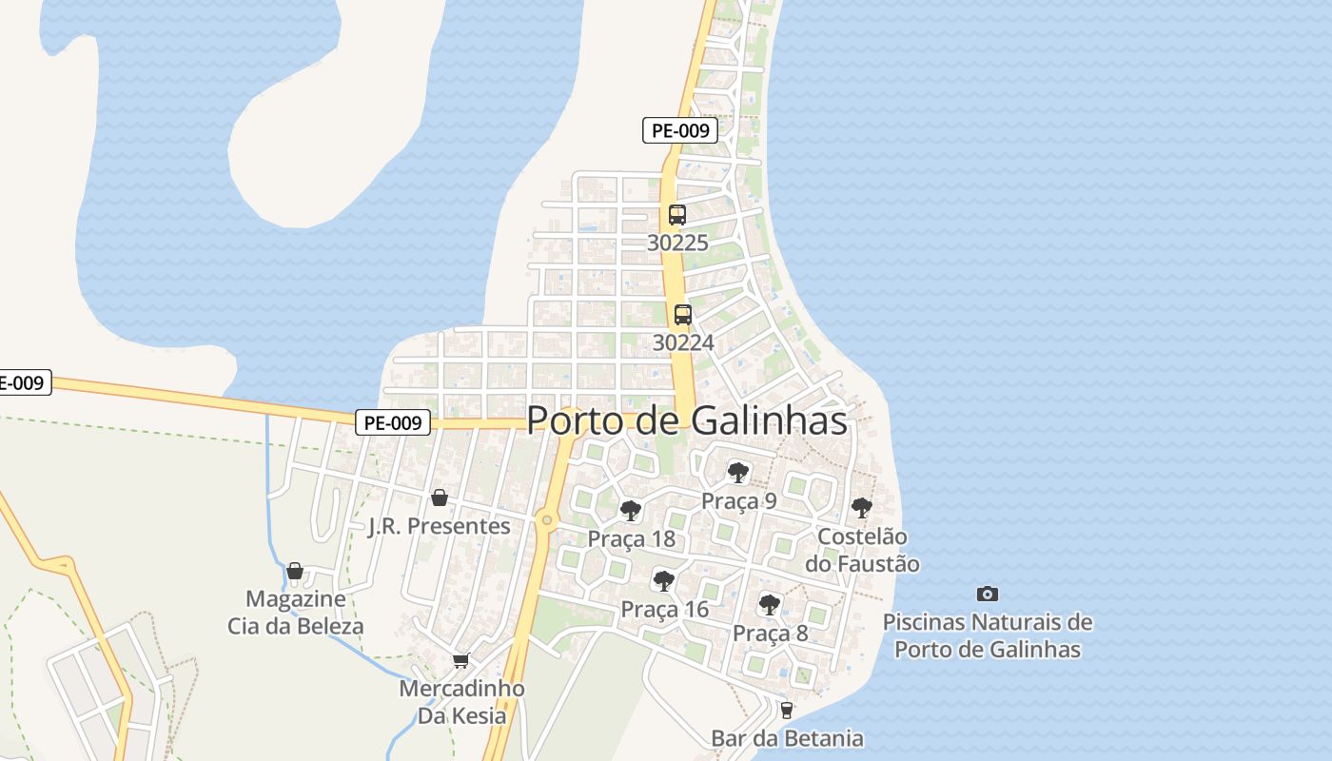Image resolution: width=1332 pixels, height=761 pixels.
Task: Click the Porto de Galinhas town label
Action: pos(686,420)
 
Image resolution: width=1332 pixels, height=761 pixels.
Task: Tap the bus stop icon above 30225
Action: pos(677,215)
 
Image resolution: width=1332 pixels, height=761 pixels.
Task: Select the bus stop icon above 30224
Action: pos(682,315)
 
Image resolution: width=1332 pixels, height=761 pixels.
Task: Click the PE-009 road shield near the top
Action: pos(679,130)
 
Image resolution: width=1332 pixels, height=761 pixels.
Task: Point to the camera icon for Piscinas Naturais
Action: pos(988,595)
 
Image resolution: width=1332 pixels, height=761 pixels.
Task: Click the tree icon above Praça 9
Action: pos(737,472)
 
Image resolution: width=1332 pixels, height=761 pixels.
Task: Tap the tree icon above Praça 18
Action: pos(630,511)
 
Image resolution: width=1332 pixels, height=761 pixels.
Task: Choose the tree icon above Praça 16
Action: pos(663,580)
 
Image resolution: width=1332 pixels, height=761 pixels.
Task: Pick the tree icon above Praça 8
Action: pos(769,604)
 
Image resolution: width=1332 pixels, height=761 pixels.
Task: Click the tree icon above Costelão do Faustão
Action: pos(861,508)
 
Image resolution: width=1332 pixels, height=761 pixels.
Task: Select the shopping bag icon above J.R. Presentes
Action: pos(440,498)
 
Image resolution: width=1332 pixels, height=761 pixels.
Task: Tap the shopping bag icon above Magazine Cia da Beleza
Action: pos(295,571)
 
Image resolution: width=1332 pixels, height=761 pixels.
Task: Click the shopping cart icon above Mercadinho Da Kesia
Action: pos(461,660)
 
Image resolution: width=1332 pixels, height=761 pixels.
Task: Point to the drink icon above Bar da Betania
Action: pos(786,710)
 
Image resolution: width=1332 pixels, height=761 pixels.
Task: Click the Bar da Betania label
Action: pos(787,738)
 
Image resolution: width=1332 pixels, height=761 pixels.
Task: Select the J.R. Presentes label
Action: pos(440,526)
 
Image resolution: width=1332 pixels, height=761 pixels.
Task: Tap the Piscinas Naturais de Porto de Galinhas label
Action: pos(988,636)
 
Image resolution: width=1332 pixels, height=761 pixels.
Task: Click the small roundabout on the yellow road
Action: pos(545,520)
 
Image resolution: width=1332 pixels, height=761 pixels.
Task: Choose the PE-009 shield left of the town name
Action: pos(393,422)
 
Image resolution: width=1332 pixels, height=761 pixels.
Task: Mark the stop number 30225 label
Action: pos(677,243)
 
